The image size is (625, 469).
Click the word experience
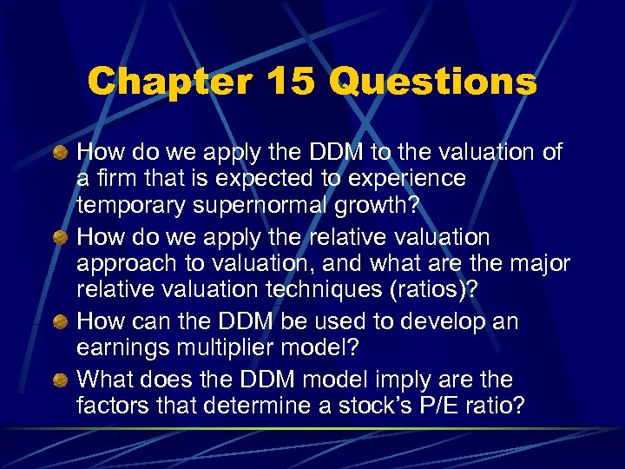click(408, 180)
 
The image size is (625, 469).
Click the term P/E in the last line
click(442, 407)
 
